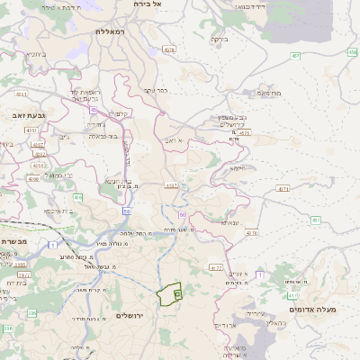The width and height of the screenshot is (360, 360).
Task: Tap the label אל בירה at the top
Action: [144, 4]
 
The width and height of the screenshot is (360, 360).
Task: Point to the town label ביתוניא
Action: [37, 53]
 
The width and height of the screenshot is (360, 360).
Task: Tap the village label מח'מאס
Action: [269, 92]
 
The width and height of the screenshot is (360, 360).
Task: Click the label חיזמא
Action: [238, 167]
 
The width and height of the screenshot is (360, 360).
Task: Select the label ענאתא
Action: [230, 222]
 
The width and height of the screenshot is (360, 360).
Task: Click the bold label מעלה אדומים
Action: [314, 309]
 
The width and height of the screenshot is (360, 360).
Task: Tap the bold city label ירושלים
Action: [131, 315]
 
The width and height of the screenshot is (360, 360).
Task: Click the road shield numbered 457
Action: [296, 56]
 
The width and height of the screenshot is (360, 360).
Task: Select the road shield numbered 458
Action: [352, 51]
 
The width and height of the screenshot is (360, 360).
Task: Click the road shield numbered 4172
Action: [215, 267]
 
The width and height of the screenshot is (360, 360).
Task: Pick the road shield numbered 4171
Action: [283, 189]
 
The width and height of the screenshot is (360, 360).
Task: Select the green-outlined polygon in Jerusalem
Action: [168, 294]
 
